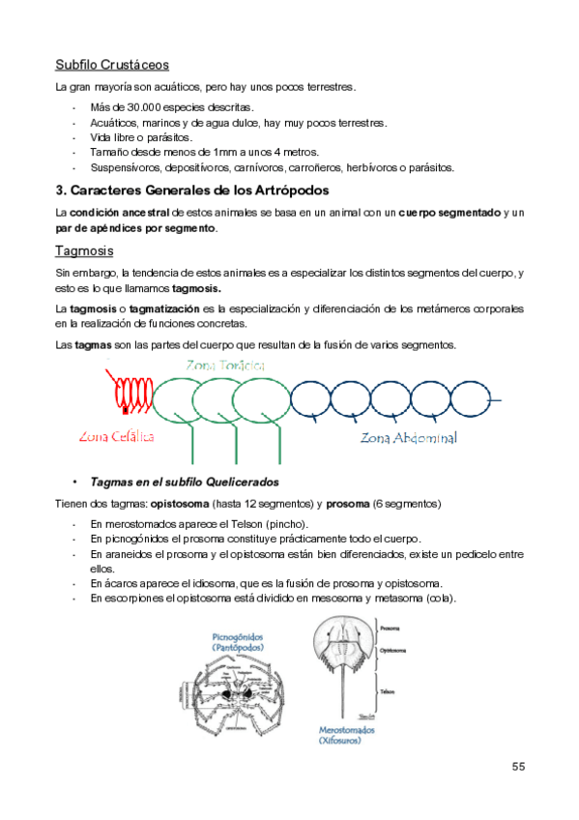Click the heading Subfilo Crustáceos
[112, 65]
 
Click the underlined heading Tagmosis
[84, 251]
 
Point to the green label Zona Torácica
[225, 365]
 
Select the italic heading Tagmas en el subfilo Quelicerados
[185, 481]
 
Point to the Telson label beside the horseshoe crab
[387, 691]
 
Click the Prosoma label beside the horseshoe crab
[390, 629]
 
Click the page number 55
[518, 766]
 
